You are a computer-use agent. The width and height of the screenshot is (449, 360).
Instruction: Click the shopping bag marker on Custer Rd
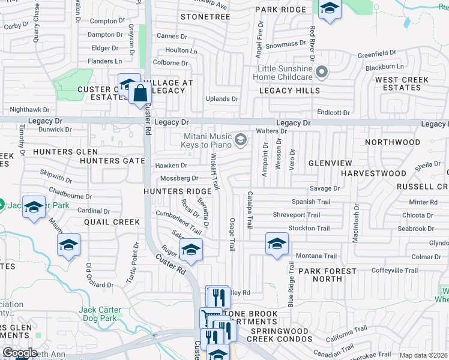click(x=140, y=93)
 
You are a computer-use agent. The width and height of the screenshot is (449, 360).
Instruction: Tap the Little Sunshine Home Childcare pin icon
click(x=322, y=73)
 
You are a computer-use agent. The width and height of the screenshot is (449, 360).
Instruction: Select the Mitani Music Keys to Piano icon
click(x=241, y=140)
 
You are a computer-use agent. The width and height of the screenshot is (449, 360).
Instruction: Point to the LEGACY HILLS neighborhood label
click(x=289, y=91)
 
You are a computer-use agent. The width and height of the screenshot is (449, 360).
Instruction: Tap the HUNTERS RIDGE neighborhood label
click(x=177, y=191)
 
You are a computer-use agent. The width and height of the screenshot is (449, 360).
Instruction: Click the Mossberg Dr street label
click(x=179, y=178)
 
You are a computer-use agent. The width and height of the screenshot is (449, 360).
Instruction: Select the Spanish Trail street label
click(x=310, y=202)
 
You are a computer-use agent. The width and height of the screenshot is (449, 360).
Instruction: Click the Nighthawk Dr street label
click(x=28, y=110)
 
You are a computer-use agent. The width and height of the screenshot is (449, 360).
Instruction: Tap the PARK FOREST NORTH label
click(x=328, y=275)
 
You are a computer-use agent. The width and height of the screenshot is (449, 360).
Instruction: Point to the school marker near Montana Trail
click(x=277, y=244)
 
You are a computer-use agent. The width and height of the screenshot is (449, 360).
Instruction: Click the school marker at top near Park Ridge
click(x=330, y=9)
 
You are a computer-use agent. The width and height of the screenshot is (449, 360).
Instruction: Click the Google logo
click(x=19, y=353)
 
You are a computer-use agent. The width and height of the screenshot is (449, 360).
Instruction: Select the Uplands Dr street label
click(x=221, y=99)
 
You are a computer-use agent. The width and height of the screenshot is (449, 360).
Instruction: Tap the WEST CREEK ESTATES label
click(x=402, y=83)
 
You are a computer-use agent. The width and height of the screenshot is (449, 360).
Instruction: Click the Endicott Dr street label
click(x=333, y=113)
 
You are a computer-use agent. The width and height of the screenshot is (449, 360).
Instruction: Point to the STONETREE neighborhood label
click(x=205, y=17)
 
